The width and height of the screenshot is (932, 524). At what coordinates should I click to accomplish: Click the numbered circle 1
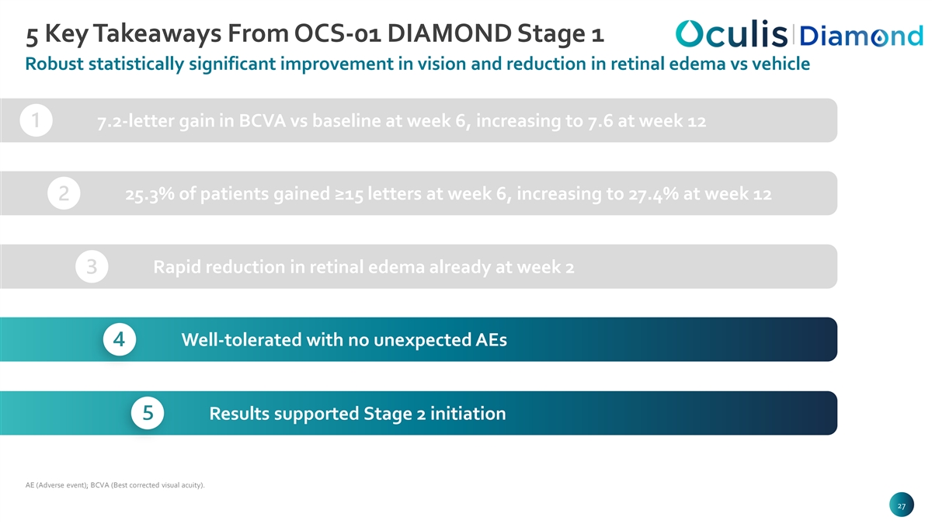[37, 120]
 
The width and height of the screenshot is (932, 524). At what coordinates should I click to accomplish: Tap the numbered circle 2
[64, 193]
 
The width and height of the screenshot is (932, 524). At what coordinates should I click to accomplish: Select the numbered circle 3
[92, 266]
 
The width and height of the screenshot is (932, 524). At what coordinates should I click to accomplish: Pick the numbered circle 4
[120, 339]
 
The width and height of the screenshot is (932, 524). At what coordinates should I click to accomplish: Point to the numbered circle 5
[148, 413]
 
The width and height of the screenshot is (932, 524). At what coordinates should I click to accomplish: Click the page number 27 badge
[901, 505]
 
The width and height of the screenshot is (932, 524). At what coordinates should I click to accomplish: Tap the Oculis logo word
[732, 33]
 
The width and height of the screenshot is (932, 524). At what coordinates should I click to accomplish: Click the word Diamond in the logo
[861, 36]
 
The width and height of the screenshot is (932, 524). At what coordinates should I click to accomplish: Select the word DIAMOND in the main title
[450, 33]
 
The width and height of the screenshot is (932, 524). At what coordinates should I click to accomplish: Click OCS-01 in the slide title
[337, 33]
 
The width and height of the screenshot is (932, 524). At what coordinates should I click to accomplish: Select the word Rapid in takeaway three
[177, 267]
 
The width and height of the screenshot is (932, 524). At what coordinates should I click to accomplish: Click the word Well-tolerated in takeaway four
[242, 340]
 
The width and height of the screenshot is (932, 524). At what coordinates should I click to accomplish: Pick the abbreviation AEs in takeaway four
[491, 340]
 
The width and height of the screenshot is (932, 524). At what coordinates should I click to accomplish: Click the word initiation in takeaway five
[468, 413]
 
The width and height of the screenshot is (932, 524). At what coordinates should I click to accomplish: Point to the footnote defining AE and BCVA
[115, 485]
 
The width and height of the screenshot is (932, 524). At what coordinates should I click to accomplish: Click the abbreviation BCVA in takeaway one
[263, 121]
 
